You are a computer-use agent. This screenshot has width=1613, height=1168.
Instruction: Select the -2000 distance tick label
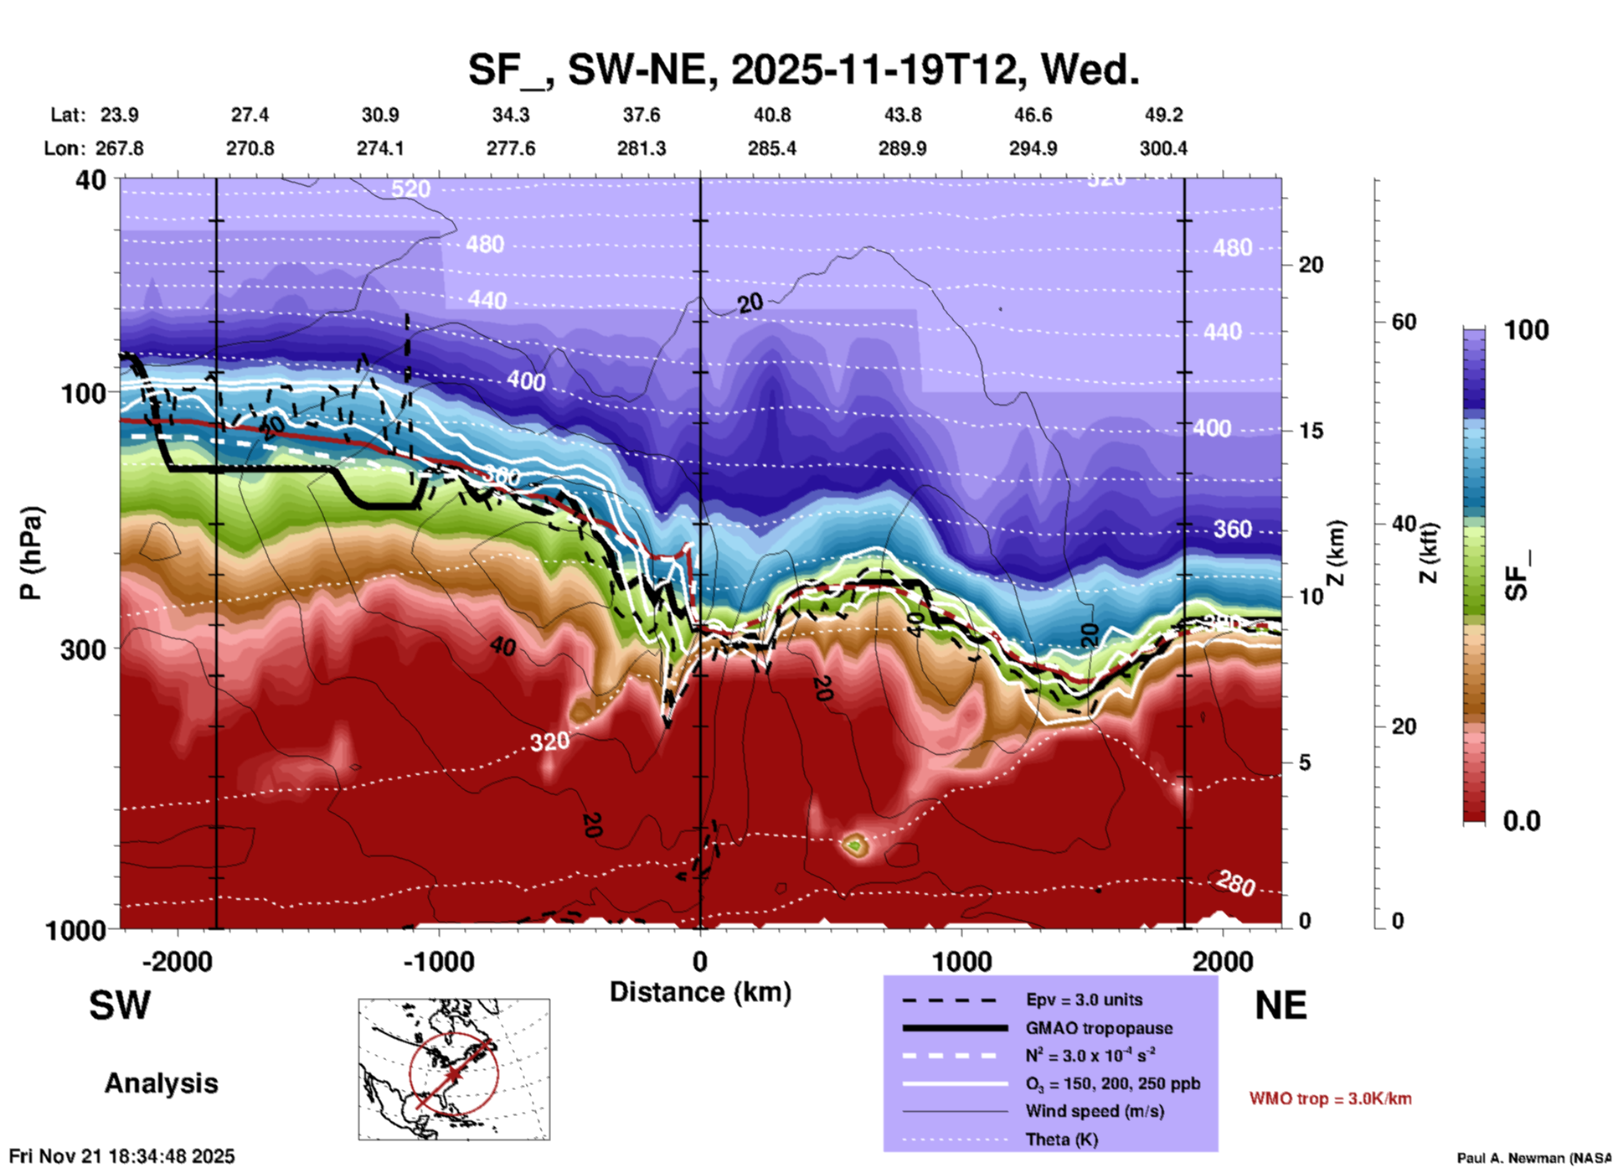[178, 962]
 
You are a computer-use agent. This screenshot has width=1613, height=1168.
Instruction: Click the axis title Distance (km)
[700, 992]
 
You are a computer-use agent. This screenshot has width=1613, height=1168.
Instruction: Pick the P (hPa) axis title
[31, 553]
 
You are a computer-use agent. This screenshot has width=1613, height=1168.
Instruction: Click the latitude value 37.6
[642, 115]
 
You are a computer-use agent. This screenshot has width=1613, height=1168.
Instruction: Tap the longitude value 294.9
[1033, 148]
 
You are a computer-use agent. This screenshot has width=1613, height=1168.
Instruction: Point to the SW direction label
[120, 1005]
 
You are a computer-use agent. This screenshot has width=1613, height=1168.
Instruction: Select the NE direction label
[1281, 1005]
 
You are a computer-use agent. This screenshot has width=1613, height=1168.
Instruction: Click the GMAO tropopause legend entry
[1099, 1028]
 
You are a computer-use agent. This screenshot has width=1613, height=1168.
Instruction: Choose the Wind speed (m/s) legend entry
[1082, 1111]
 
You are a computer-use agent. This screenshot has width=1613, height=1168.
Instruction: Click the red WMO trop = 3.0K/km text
[1330, 1098]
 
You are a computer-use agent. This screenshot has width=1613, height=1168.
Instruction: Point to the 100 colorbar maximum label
[1526, 330]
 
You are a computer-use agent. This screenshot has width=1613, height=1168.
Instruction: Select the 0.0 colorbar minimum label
[1522, 821]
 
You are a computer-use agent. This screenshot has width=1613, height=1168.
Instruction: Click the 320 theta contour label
[549, 742]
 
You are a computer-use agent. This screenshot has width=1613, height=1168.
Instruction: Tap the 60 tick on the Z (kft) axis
[1404, 322]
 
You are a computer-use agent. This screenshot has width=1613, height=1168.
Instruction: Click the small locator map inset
[454, 1068]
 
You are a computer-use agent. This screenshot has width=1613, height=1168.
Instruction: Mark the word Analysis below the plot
[161, 1083]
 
